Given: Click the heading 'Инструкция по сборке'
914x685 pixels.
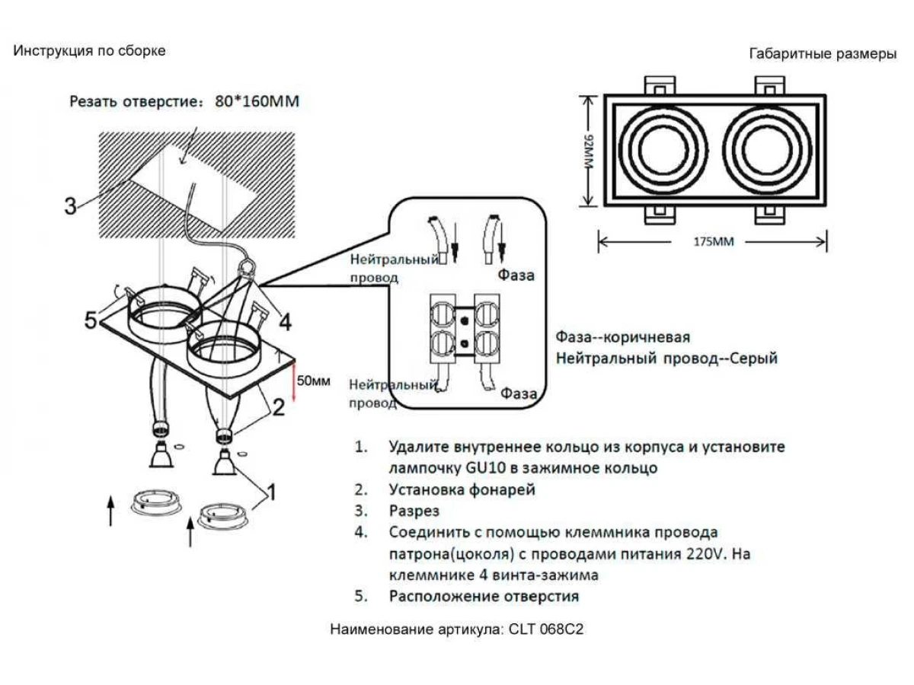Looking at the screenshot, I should pyautogui.click(x=89, y=51).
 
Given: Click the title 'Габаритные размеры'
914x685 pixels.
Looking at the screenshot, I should pyautogui.click(x=823, y=54).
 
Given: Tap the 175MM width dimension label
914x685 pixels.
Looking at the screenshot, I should pyautogui.click(x=713, y=242).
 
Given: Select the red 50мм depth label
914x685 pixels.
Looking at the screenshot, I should pyautogui.click(x=314, y=381).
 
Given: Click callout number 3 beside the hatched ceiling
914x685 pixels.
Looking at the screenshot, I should pyautogui.click(x=70, y=206).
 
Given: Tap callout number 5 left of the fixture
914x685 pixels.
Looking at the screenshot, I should pyautogui.click(x=91, y=321).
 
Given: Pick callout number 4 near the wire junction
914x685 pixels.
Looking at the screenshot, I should pyautogui.click(x=284, y=323).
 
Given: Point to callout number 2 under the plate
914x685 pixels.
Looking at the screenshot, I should pyautogui.click(x=279, y=407).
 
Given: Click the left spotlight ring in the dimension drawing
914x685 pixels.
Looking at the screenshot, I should pyautogui.click(x=658, y=149).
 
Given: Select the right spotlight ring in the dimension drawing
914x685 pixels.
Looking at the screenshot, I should pyautogui.click(x=768, y=149).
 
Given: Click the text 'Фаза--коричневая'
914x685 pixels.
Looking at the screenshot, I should pyautogui.click(x=623, y=337).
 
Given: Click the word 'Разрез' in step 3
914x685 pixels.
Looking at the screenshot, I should pyautogui.click(x=414, y=511).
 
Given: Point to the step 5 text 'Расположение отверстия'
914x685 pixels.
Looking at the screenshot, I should pyautogui.click(x=484, y=596).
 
